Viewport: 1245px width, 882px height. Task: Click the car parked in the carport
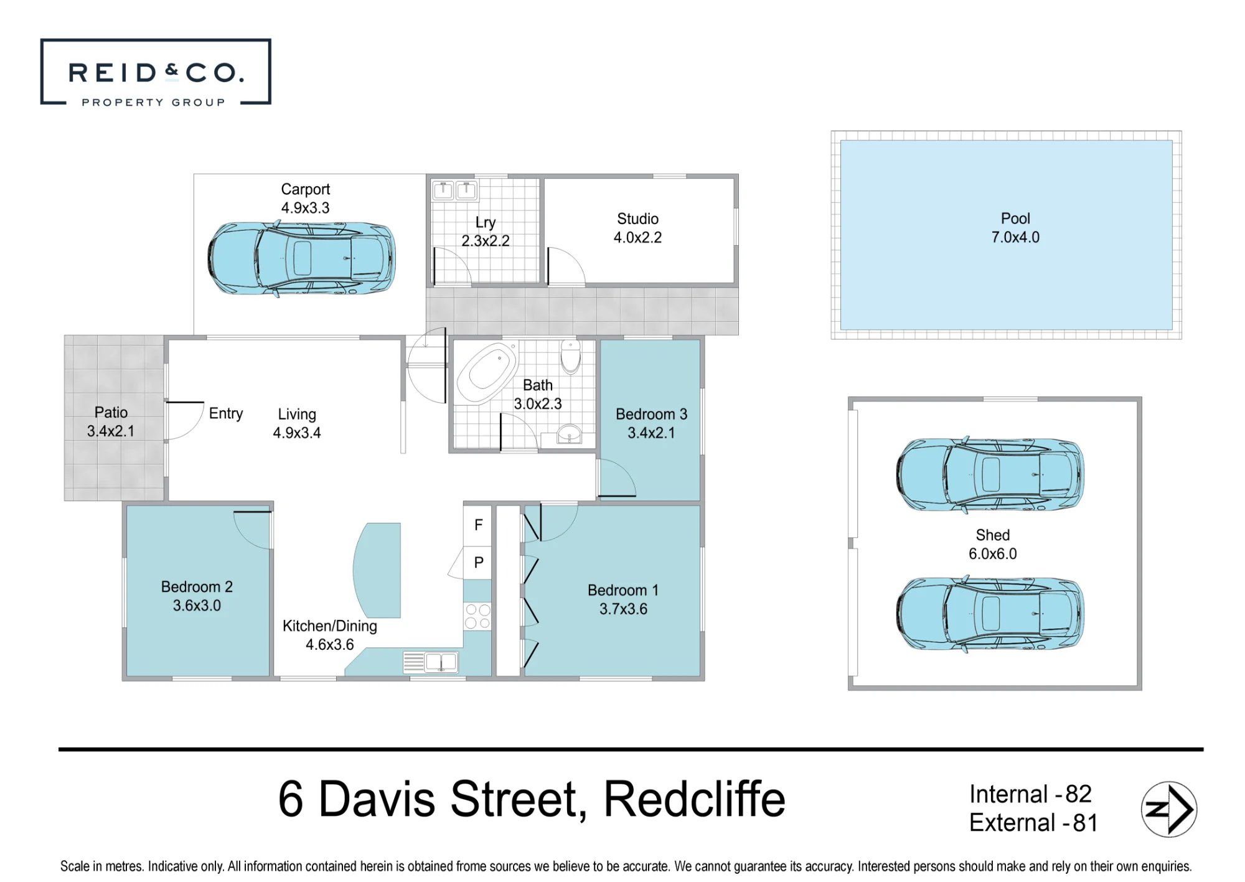[x=301, y=258]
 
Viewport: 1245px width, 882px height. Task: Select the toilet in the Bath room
[x=570, y=357]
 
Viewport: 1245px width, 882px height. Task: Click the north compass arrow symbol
[x=1169, y=809]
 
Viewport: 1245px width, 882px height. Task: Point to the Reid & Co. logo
[x=156, y=72]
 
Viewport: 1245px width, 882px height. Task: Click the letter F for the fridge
[x=478, y=525]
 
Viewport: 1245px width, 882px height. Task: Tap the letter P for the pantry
[x=479, y=563]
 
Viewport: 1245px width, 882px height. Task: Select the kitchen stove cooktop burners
[x=477, y=616]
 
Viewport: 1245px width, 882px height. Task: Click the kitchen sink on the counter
[x=441, y=662]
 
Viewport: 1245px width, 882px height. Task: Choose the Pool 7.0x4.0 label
[x=1015, y=228]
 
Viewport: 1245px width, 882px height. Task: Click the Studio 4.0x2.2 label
[x=637, y=228]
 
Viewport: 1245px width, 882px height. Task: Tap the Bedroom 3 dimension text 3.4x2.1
[x=651, y=433]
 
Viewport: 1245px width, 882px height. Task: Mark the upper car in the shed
[x=990, y=474]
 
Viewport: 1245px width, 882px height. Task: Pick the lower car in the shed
[x=990, y=614]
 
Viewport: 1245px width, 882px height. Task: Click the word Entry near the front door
[x=226, y=414]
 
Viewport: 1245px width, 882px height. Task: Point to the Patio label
[x=111, y=413]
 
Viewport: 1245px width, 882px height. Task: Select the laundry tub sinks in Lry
[x=454, y=190]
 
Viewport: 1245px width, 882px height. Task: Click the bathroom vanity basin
[x=569, y=434]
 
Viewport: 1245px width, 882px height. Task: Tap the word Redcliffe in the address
[x=695, y=799]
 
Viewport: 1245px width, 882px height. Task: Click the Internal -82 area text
[x=1030, y=794]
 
